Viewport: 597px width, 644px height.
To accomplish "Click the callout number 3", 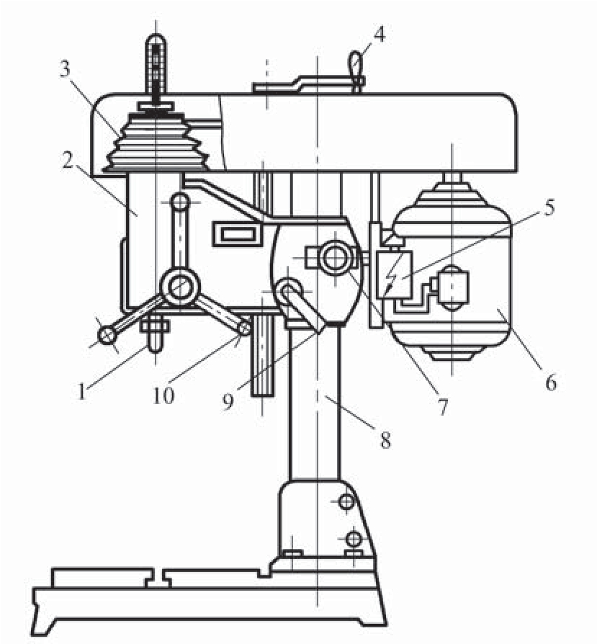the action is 66,69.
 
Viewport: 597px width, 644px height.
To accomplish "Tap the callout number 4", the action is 380,35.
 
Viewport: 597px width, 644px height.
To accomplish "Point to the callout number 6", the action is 551,383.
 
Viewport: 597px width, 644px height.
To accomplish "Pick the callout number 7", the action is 442,407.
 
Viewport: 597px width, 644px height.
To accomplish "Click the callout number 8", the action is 385,440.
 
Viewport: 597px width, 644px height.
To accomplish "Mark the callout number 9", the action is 228,401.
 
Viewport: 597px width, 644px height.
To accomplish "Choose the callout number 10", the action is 163,395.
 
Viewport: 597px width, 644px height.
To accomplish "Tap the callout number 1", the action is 81,391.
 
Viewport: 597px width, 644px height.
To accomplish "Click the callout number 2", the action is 68,161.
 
